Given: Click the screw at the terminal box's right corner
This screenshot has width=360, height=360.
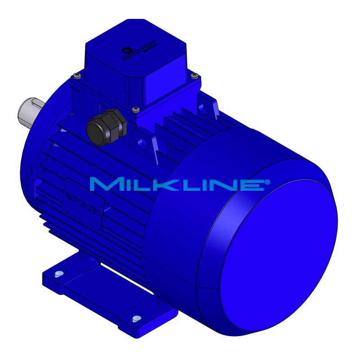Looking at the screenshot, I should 194,75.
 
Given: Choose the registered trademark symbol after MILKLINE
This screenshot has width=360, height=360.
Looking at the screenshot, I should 267,181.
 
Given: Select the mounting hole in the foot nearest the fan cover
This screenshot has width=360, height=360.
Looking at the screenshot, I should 136,319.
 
